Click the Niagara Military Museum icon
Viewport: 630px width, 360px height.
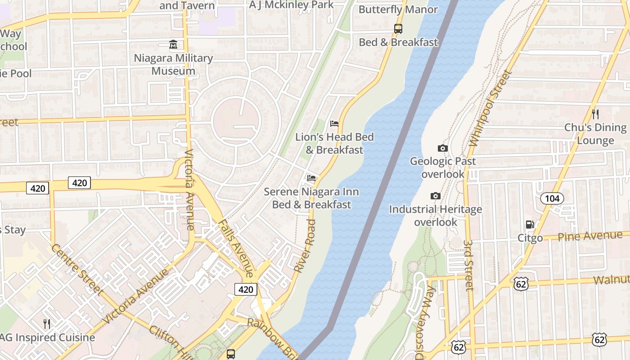[173, 45]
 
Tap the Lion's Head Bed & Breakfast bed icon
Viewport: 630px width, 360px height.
[334, 124]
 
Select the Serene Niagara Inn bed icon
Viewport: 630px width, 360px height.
[311, 178]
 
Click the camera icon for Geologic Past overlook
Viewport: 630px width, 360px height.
[443, 148]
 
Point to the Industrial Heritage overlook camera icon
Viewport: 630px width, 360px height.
[435, 196]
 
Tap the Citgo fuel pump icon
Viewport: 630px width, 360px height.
[530, 225]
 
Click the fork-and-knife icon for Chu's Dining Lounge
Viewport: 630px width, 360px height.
[595, 114]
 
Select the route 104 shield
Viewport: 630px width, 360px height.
[551, 198]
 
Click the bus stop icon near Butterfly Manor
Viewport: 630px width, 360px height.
[398, 29]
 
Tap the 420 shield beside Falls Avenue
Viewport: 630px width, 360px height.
[246, 289]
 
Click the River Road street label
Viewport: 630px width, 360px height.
[305, 245]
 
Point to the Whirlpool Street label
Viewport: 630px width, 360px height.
[490, 108]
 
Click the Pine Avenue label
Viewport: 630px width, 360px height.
[590, 236]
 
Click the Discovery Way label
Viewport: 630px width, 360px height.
[425, 322]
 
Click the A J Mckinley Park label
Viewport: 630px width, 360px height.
[292, 5]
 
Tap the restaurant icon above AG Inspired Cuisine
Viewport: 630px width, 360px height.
[46, 324]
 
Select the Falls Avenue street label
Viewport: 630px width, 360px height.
[235, 247]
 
